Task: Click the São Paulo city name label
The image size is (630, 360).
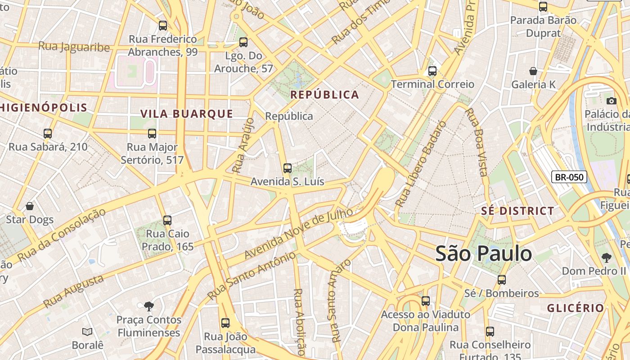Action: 483,254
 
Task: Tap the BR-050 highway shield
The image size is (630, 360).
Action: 569,177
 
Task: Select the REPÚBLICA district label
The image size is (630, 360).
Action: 324,94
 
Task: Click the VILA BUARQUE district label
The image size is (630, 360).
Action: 187,113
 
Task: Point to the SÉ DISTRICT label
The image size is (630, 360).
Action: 517,211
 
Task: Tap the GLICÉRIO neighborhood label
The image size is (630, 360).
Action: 575,308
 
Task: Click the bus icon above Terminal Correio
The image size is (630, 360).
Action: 432,71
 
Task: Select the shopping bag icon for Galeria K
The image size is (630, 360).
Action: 533,71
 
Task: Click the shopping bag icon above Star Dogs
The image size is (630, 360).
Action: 30,206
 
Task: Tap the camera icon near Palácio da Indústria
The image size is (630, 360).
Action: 611,101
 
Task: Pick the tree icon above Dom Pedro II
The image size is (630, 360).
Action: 606,257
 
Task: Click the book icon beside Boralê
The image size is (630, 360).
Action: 87,332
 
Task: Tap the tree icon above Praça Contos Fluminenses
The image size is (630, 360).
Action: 148,306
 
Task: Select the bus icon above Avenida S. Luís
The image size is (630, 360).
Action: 287,168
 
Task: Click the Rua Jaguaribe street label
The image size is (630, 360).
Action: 74,47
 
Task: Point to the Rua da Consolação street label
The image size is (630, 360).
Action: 61,235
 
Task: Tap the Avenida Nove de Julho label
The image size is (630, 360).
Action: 298,234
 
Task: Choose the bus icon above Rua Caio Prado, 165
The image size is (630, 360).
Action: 167,220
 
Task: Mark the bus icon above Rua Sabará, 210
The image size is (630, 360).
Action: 48,134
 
